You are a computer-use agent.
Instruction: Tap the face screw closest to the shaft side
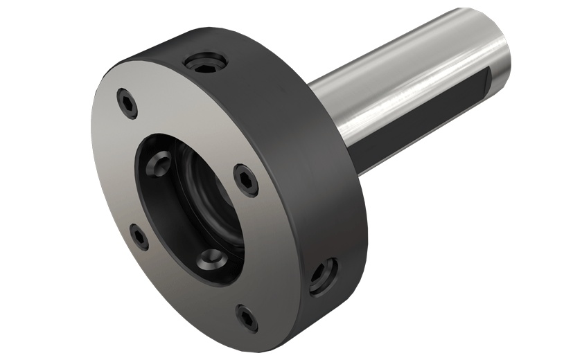[246, 179]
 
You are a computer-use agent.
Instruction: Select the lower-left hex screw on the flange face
[140, 237]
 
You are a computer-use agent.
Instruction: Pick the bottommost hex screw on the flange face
[247, 317]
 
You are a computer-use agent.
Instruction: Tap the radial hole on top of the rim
[204, 64]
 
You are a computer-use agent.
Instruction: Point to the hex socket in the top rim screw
[204, 63]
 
